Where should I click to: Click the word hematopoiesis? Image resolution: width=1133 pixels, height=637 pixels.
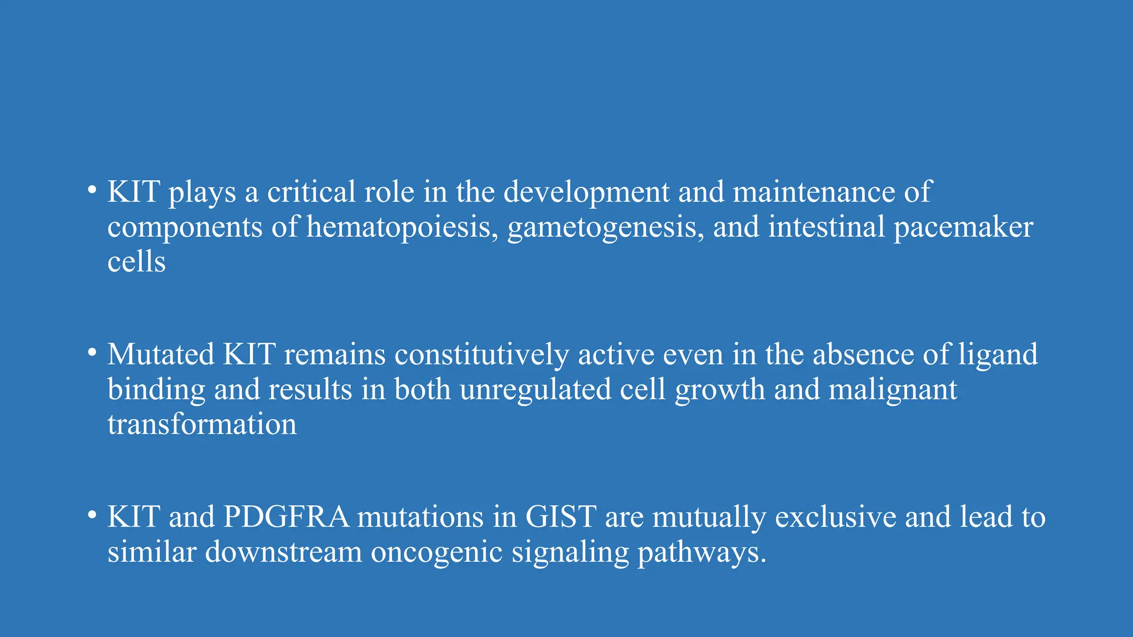399,228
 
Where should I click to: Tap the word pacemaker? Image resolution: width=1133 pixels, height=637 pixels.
963,228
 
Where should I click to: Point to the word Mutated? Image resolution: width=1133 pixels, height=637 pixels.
160,354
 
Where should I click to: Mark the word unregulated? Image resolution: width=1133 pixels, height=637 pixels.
535,390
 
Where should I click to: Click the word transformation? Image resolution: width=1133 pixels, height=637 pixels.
202,425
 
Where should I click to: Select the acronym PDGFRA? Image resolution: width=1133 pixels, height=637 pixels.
286,517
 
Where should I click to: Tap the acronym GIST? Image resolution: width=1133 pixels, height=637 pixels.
560,517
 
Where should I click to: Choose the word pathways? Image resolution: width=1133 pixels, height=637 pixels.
702,552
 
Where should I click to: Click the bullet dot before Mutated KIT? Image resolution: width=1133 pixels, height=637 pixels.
92,353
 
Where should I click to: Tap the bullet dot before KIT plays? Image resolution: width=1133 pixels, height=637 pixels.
92,191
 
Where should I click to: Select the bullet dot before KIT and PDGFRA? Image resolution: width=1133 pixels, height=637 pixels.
92,515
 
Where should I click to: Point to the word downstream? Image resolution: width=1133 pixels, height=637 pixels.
283,551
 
